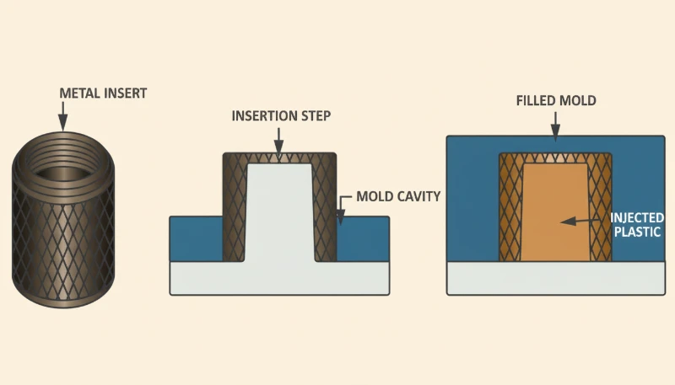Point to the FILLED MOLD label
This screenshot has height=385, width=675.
click(556, 100)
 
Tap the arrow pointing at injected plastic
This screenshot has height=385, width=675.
click(582, 221)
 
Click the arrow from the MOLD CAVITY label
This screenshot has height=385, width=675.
click(341, 211)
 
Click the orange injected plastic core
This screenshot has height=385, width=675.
click(553, 211)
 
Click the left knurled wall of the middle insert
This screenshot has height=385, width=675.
click(234, 211)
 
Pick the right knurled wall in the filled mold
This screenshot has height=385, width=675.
click(602, 211)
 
